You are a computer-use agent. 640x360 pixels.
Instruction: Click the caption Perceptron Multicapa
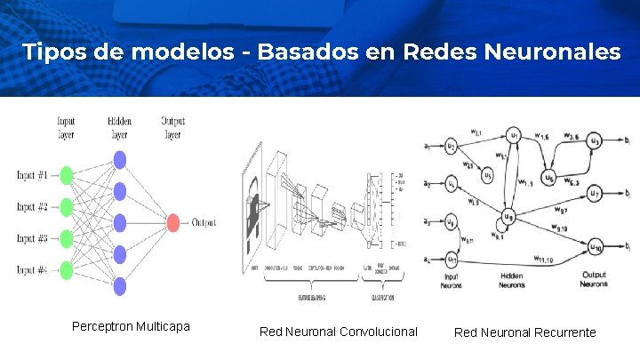[131, 326]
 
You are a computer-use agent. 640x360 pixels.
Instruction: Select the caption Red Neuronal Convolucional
[338, 332]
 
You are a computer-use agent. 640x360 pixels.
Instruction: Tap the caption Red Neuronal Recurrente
[525, 332]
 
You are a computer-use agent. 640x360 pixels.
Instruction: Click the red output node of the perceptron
[173, 222]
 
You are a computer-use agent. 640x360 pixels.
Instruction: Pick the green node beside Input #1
[64, 175]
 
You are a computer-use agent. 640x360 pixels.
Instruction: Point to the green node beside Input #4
[64, 269]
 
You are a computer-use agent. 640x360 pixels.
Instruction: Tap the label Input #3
[31, 238]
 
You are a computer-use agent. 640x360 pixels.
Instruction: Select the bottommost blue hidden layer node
[119, 284]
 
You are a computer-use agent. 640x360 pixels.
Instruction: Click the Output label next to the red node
[204, 222]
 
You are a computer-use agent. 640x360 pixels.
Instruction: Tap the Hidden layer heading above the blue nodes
[119, 127]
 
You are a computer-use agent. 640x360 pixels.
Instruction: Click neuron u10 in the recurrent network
[596, 245]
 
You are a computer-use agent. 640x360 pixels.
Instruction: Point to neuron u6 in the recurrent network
[548, 179]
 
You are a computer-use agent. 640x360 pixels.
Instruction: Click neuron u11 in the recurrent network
[452, 260]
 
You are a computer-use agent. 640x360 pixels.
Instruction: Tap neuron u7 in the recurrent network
[596, 193]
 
